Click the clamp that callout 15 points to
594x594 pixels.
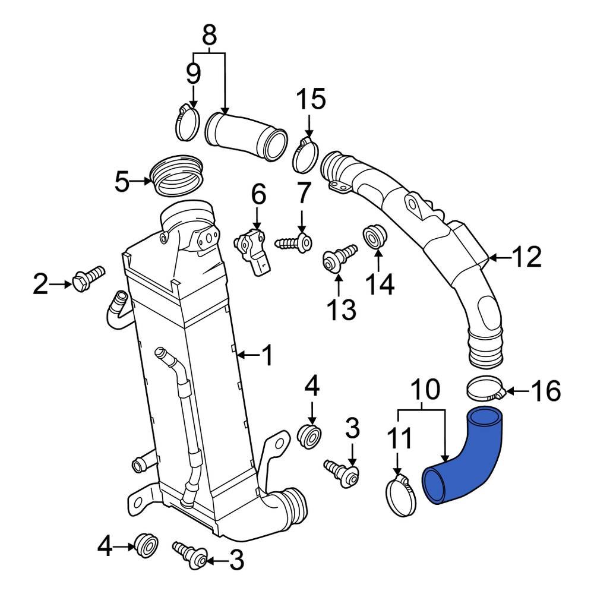click(305, 154)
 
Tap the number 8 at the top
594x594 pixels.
click(209, 35)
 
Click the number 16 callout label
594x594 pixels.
click(545, 391)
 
